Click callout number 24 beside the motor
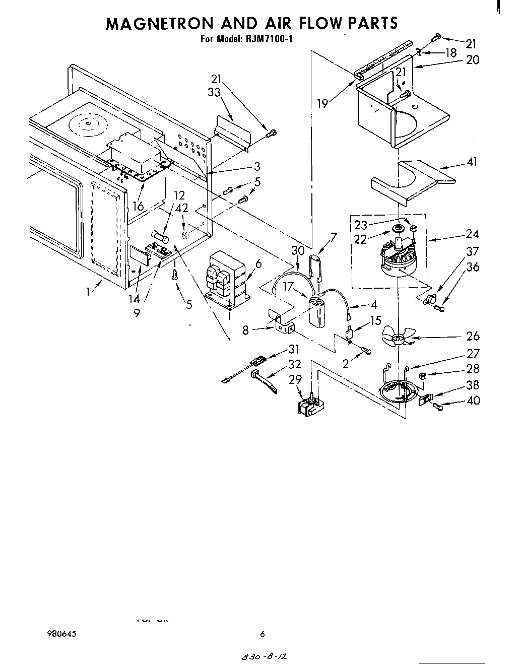point(472,234)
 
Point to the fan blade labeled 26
point(398,338)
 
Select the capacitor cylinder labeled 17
point(319,312)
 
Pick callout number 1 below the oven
point(88,291)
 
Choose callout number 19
point(322,103)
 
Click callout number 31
point(294,349)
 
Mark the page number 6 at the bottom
point(262,634)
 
